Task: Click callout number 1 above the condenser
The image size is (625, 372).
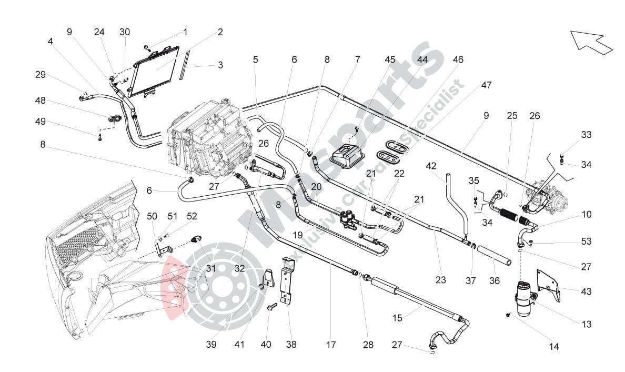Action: click(x=185, y=32)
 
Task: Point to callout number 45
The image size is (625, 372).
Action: click(x=390, y=59)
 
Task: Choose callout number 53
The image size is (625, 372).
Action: click(x=587, y=242)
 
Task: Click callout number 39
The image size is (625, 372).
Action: click(x=211, y=345)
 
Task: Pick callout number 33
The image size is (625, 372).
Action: click(x=587, y=135)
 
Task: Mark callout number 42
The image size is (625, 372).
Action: click(x=431, y=166)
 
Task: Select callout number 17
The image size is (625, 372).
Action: click(x=330, y=345)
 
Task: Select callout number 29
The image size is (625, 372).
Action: click(x=41, y=75)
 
